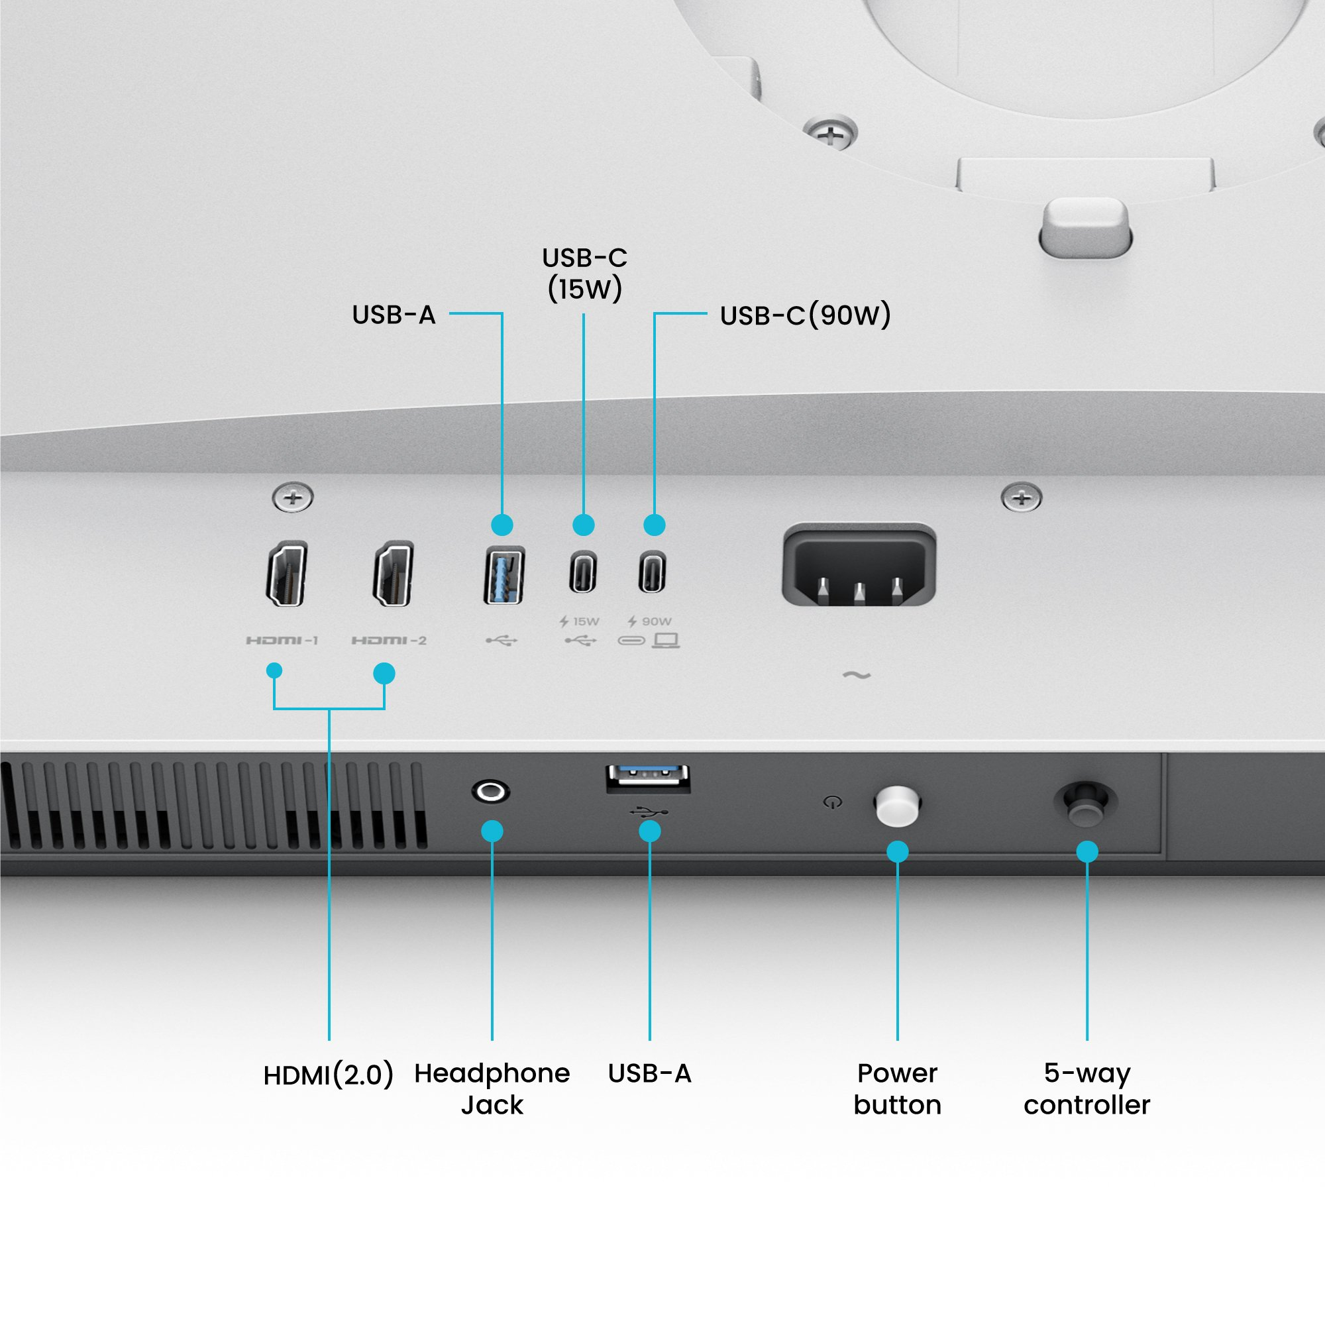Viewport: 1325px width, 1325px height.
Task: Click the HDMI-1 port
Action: pyautogui.click(x=286, y=573)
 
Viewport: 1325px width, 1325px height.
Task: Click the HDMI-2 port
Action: pyautogui.click(x=393, y=573)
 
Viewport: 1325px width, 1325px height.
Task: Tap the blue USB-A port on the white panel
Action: pyautogui.click(x=504, y=574)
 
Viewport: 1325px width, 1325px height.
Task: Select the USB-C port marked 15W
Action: pyautogui.click(x=583, y=572)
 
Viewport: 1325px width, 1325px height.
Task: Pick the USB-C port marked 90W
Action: pyautogui.click(x=652, y=572)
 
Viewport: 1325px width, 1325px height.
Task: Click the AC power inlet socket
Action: pyautogui.click(x=859, y=566)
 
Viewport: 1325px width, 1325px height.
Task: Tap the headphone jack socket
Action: pyautogui.click(x=490, y=792)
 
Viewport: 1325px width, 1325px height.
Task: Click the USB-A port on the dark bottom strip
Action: pyautogui.click(x=648, y=778)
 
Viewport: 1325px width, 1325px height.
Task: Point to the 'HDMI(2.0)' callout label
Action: pyautogui.click(x=329, y=1075)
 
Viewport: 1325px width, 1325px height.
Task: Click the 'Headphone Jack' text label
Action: pyautogui.click(x=492, y=1089)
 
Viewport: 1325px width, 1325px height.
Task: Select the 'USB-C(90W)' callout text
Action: pyautogui.click(x=805, y=315)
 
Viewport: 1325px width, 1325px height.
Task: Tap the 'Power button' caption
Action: pyautogui.click(x=897, y=1089)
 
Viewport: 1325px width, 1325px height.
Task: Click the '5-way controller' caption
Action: pyautogui.click(x=1086, y=1089)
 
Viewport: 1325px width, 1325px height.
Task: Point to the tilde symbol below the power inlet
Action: pyautogui.click(x=857, y=676)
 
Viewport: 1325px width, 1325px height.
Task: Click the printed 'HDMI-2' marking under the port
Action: pyautogui.click(x=389, y=641)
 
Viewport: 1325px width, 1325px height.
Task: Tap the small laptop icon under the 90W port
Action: pyautogui.click(x=666, y=641)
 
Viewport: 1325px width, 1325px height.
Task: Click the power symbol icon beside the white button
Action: pyautogui.click(x=833, y=802)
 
